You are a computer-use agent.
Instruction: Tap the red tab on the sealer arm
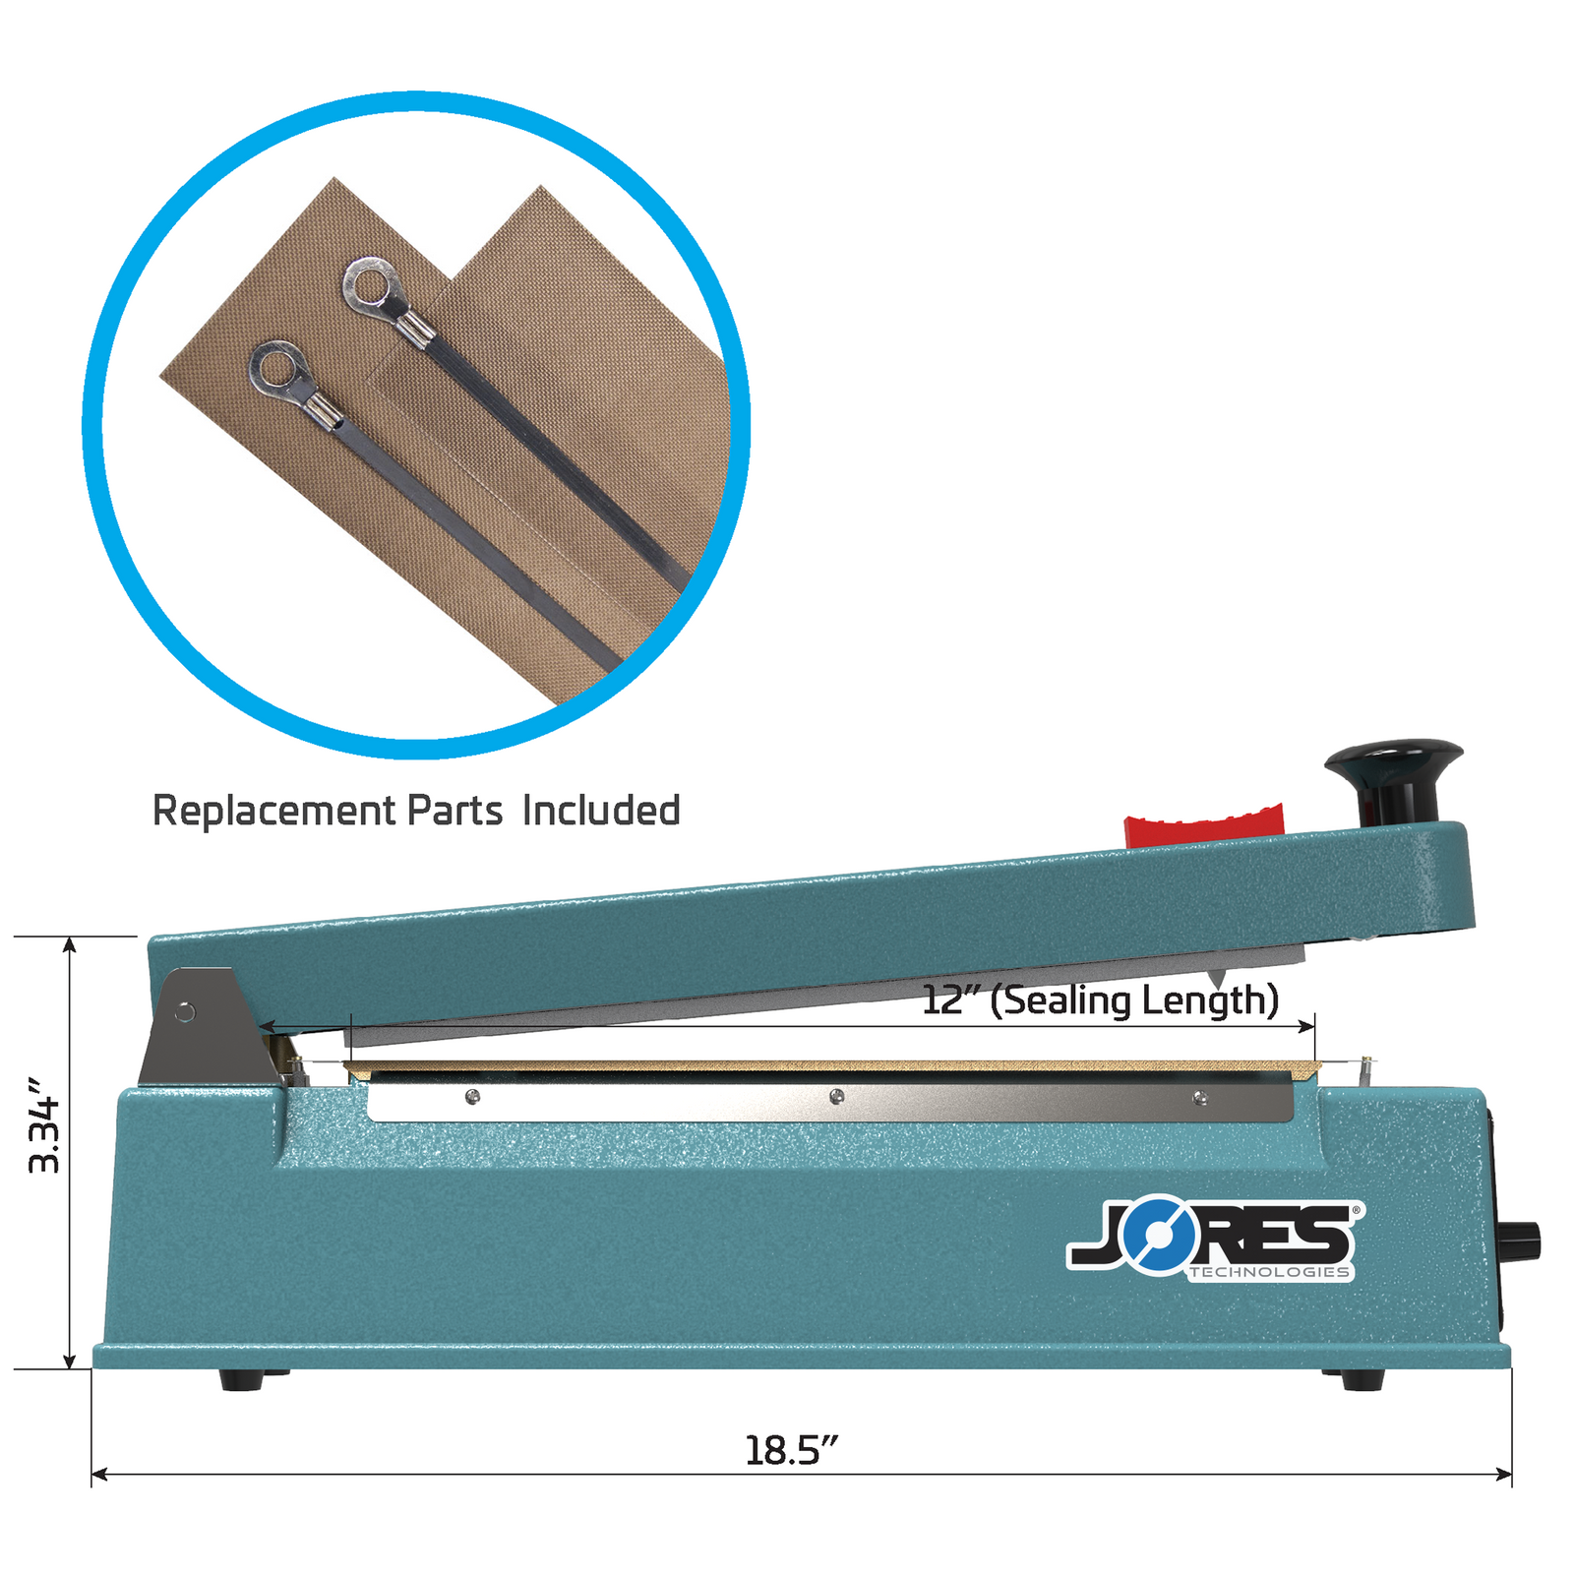(1204, 825)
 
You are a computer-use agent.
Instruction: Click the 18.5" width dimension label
(791, 1451)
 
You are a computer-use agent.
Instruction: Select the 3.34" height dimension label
(45, 1125)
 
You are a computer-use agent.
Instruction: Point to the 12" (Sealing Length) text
(1100, 1000)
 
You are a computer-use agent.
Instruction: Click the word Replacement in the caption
(274, 812)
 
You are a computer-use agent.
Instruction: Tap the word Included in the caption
(601, 812)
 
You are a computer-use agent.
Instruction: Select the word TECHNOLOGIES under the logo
(1269, 1273)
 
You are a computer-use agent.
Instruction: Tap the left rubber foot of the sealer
(241, 1379)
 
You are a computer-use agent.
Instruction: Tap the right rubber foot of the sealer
(1362, 1379)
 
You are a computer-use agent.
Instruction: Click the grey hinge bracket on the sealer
(205, 1028)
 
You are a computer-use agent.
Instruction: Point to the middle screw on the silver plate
(836, 1096)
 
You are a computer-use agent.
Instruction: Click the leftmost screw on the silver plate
(472, 1097)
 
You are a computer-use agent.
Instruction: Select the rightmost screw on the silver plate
(1199, 1098)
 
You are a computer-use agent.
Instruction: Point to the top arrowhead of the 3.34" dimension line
(70, 945)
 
